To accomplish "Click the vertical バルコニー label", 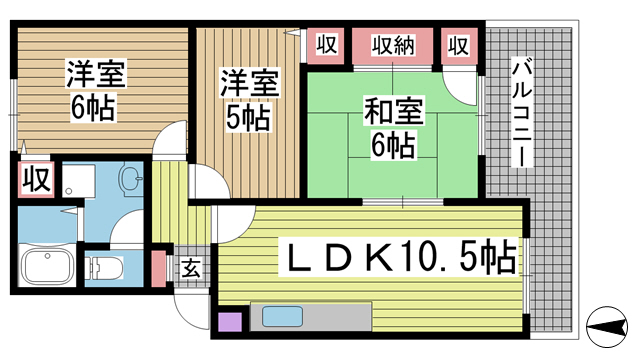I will point(521,111).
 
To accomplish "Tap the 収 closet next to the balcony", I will point(458,45).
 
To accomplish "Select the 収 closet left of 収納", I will point(326,45).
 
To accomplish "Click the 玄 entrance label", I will point(191,267).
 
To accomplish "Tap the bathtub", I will point(48,267).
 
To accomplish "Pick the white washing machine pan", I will point(76,181).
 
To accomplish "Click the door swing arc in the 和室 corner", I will point(463,84).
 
